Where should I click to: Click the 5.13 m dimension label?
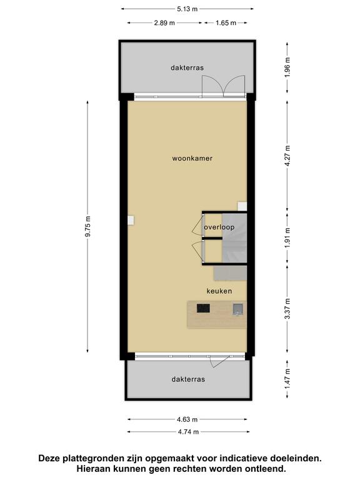[x=187, y=9]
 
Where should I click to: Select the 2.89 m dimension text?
[x=164, y=22]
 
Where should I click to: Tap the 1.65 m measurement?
[x=226, y=22]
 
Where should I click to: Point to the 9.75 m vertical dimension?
[x=88, y=226]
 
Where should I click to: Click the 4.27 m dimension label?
[x=287, y=156]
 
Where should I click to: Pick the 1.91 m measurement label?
[x=287, y=238]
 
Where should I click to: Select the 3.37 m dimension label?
[x=287, y=309]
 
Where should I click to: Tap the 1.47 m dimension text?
[x=287, y=379]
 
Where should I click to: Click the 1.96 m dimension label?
[x=287, y=67]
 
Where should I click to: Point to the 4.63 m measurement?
[x=187, y=419]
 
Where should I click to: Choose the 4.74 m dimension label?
[x=188, y=432]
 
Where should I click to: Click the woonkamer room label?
[x=192, y=159]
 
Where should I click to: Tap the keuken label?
[x=219, y=291]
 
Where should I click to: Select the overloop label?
[x=219, y=227]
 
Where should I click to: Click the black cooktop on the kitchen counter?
[x=203, y=308]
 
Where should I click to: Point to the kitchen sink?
[x=238, y=309]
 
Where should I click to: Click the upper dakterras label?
[x=187, y=67]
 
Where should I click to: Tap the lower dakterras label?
[x=188, y=379]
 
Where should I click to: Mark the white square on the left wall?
[x=131, y=221]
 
